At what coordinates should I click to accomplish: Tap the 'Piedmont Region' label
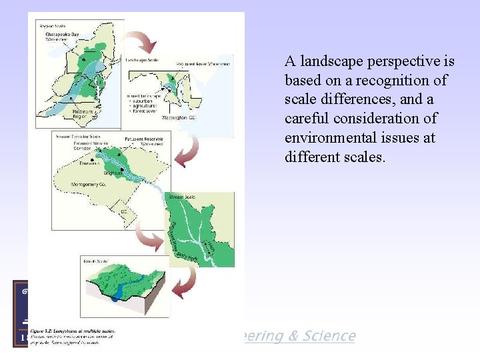point(81,113)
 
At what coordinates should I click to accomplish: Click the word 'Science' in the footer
point(329,336)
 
